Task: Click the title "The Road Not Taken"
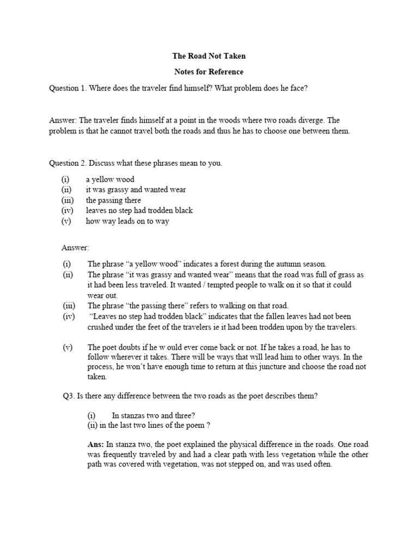pos(208,56)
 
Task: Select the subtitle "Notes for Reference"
pos(208,72)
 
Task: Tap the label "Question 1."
pos(68,88)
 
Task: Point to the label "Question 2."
pos(68,163)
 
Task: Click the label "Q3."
pos(69,396)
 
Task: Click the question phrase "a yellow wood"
pos(110,179)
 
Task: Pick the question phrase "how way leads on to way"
pos(127,221)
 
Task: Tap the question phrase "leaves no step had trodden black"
pos(139,210)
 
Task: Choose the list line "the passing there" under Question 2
pos(113,200)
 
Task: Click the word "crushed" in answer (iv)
pos(102,327)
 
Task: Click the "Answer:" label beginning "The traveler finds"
pos(64,120)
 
